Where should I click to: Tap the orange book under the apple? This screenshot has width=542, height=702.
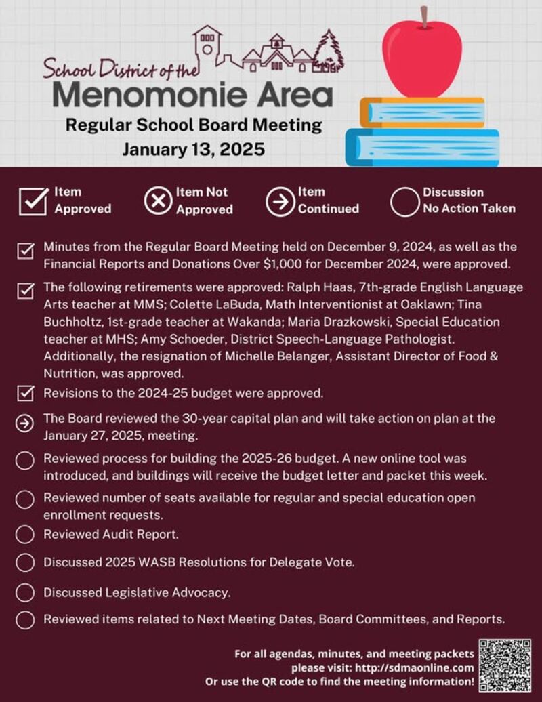click(x=421, y=112)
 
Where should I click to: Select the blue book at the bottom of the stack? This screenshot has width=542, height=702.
click(x=421, y=147)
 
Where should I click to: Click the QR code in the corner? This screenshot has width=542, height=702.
click(x=505, y=665)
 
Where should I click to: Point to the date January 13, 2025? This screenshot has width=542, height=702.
click(x=193, y=149)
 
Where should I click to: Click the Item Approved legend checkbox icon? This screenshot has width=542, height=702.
click(x=33, y=201)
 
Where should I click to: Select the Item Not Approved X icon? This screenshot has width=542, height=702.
click(x=158, y=201)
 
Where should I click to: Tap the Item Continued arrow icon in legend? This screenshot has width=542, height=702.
click(x=280, y=201)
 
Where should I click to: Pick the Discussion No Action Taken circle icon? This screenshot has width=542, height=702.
click(x=404, y=201)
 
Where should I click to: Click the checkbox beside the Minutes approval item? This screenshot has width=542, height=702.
click(x=25, y=252)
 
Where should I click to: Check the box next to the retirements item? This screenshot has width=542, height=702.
click(x=25, y=291)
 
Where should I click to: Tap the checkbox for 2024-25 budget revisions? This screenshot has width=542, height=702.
click(x=25, y=393)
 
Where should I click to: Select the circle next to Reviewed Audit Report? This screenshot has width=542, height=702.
click(x=25, y=535)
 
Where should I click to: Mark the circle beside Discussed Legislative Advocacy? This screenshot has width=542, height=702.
click(x=25, y=592)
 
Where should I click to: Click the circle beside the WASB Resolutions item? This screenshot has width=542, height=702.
click(x=25, y=562)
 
